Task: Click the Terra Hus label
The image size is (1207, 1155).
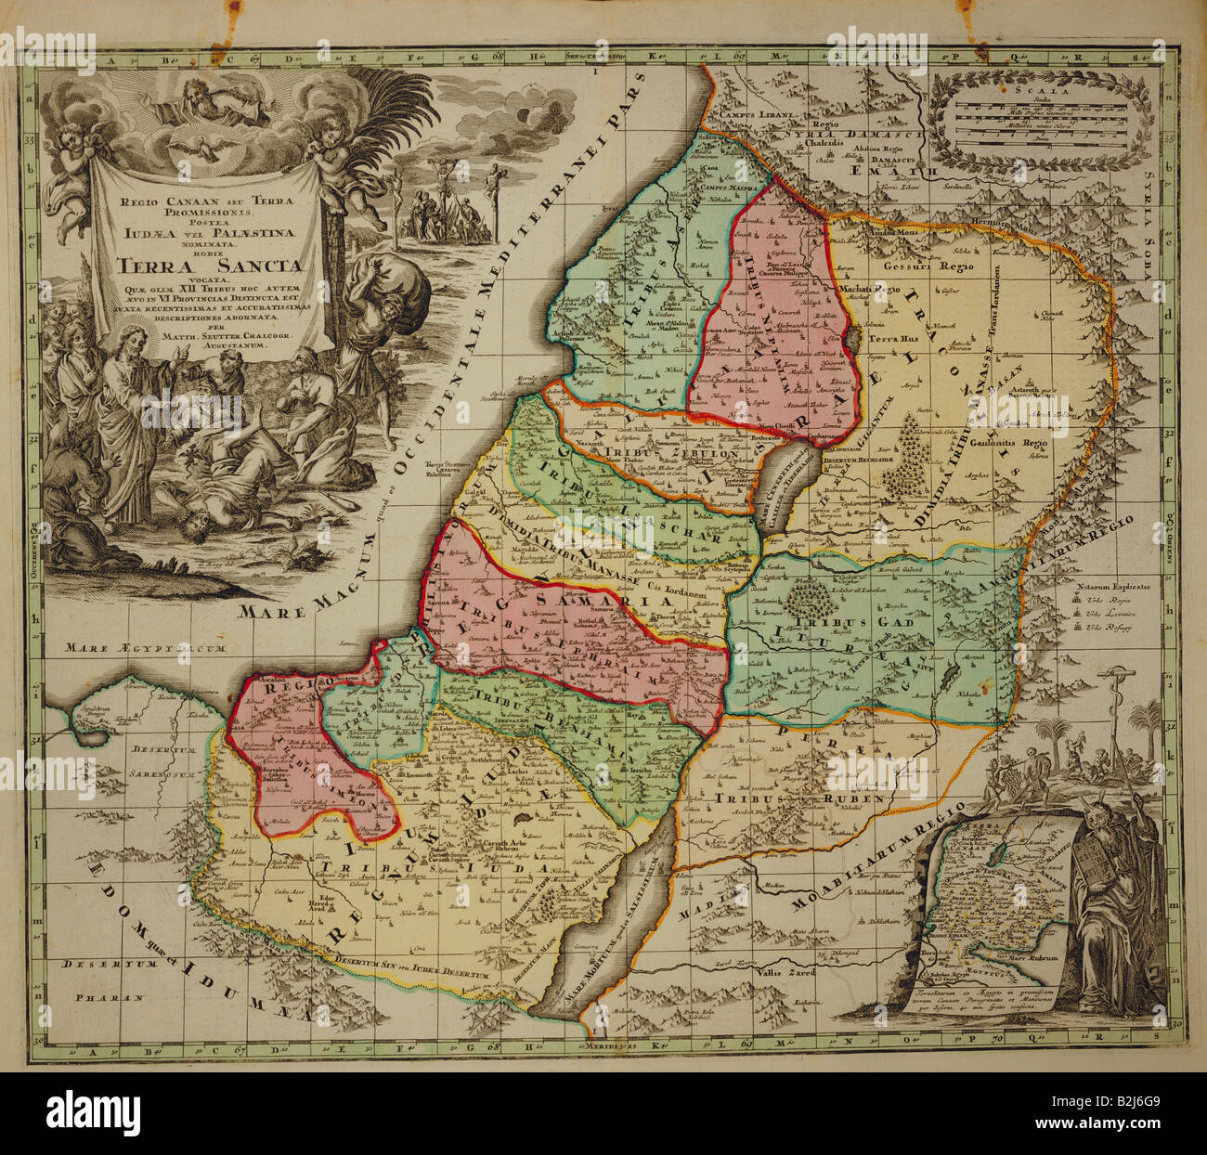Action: [890, 340]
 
